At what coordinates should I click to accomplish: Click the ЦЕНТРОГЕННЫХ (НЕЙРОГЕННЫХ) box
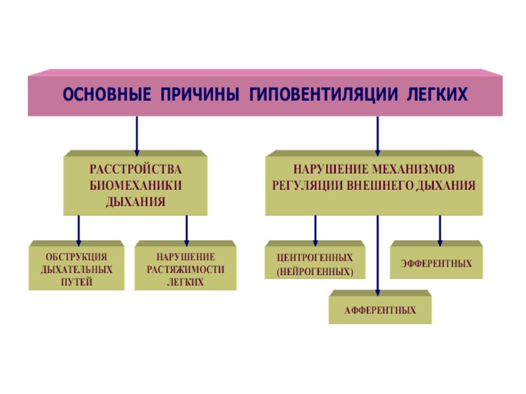click(x=315, y=263)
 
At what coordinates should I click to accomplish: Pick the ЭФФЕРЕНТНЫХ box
click(x=436, y=263)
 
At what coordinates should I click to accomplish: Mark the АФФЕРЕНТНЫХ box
click(x=380, y=309)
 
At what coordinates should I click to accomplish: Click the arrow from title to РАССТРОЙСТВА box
click(x=137, y=135)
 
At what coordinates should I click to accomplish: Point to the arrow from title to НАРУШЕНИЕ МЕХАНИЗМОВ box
click(x=377, y=135)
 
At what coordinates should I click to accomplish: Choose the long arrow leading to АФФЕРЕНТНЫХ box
click(x=377, y=256)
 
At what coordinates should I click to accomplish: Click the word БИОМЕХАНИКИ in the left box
click(x=135, y=185)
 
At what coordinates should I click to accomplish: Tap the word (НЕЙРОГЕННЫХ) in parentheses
click(x=315, y=271)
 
